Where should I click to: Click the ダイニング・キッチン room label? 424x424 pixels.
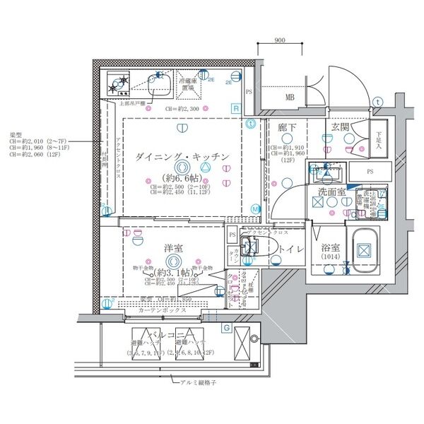(x=182, y=156)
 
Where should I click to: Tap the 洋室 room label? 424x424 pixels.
(x=174, y=248)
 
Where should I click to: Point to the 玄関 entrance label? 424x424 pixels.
(x=338, y=127)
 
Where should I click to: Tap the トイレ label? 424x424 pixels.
(x=291, y=249)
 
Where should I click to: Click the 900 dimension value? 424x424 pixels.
(x=280, y=40)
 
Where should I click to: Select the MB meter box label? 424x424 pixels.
(x=290, y=98)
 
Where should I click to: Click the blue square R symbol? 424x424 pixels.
(x=235, y=107)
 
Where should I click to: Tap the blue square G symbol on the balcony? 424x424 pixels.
(x=226, y=328)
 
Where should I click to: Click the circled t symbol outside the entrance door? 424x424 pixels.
(x=379, y=102)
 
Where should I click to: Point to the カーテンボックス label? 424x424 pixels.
(x=162, y=310)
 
